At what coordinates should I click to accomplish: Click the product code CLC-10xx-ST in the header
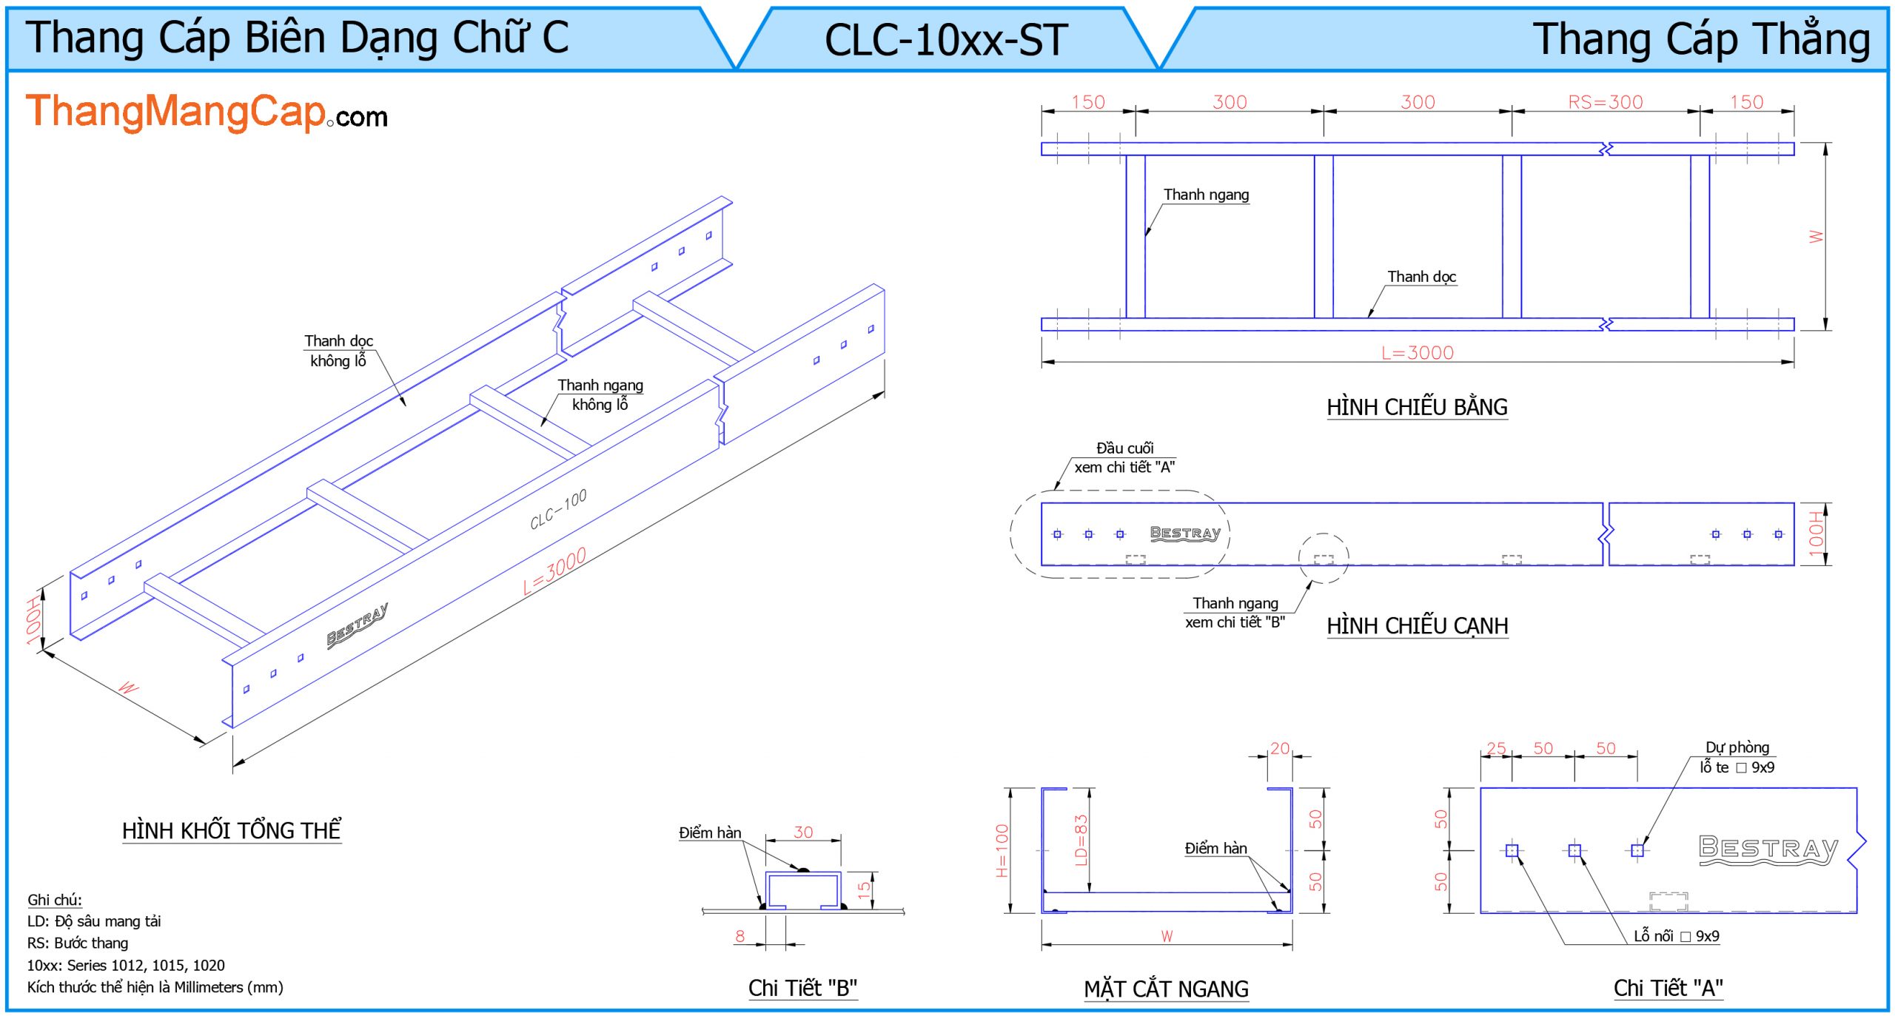946,40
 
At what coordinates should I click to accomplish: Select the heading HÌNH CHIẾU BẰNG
1416,407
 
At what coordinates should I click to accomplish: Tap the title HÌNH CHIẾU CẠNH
1417,626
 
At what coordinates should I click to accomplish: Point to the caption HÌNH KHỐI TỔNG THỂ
232,830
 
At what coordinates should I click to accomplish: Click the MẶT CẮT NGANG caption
1166,989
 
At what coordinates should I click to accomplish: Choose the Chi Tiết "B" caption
802,988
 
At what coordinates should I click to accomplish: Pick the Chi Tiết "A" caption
1668,988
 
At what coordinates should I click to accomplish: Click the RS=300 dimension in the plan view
1605,102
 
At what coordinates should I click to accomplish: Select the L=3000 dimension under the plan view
1417,353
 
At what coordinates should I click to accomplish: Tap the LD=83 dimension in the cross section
1081,840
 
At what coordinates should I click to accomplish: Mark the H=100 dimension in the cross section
1002,850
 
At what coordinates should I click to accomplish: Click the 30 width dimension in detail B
803,832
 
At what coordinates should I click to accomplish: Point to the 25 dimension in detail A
1496,748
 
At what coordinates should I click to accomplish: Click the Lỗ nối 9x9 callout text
1676,936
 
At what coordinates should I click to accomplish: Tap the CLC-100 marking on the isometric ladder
558,509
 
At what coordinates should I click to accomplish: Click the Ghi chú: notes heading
55,900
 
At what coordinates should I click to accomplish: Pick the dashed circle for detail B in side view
1324,559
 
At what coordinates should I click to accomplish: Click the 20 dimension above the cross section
1280,748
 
